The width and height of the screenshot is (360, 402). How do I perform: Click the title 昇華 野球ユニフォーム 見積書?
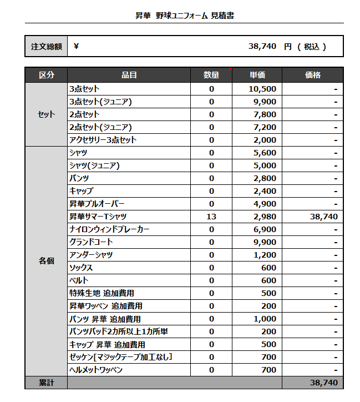(184, 16)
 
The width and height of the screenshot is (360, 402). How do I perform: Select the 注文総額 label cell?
(46, 47)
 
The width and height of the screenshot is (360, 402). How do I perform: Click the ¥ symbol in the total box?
(76, 47)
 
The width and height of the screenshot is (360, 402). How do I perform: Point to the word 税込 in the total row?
(312, 47)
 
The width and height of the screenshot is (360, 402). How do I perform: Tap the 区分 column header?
(46, 75)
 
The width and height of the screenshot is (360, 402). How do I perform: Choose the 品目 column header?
(129, 75)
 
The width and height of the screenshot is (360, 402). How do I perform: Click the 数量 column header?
(211, 75)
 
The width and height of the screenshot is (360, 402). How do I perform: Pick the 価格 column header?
(312, 75)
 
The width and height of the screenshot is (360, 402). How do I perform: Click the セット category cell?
(46, 114)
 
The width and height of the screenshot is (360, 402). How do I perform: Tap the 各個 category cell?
(46, 261)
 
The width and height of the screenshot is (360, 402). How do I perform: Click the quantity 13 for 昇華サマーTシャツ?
(211, 217)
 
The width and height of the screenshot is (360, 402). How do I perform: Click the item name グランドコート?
(91, 242)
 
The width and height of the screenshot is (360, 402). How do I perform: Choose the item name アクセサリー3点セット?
(103, 140)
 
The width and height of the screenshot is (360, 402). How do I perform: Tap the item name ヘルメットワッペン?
(96, 370)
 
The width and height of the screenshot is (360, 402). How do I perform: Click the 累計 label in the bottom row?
(46, 383)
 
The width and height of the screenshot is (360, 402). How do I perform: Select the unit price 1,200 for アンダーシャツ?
(265, 255)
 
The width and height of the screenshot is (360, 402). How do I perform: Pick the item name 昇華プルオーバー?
(97, 204)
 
